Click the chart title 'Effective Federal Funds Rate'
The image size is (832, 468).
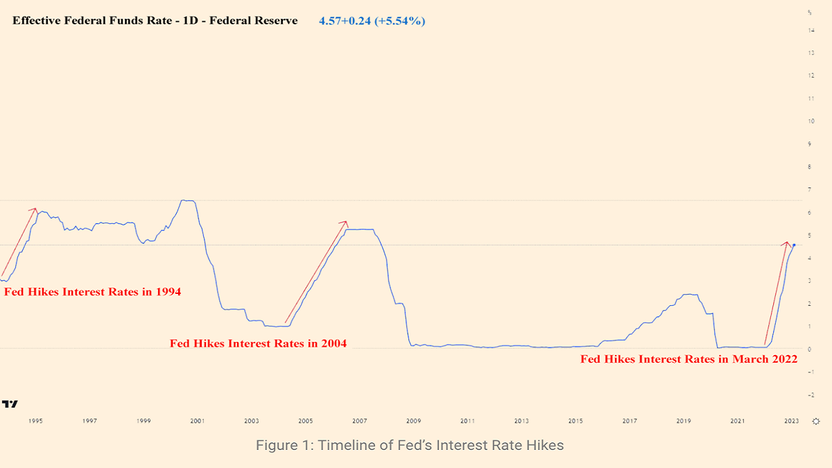(x=155, y=21)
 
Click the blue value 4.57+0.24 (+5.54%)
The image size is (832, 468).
(x=372, y=21)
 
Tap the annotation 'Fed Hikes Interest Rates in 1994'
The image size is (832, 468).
(x=92, y=292)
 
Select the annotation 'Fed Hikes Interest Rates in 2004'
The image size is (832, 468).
(x=258, y=343)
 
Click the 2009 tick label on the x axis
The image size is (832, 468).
(x=413, y=421)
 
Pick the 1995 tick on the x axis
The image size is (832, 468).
(x=35, y=421)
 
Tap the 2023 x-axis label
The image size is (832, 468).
(x=792, y=421)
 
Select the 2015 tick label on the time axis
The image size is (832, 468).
(x=575, y=421)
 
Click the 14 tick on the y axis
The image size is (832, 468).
(x=811, y=31)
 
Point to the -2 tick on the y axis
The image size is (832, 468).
(x=810, y=395)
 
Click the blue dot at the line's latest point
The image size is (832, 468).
(x=794, y=245)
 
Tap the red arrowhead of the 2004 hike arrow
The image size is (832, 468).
(x=345, y=222)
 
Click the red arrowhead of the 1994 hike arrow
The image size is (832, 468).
(x=35, y=209)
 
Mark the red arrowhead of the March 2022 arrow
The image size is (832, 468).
(x=787, y=242)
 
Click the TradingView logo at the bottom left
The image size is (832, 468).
(x=10, y=404)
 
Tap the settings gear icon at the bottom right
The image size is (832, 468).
(x=816, y=421)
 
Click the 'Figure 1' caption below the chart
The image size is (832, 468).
(x=410, y=445)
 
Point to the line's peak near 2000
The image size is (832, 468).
(x=186, y=200)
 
